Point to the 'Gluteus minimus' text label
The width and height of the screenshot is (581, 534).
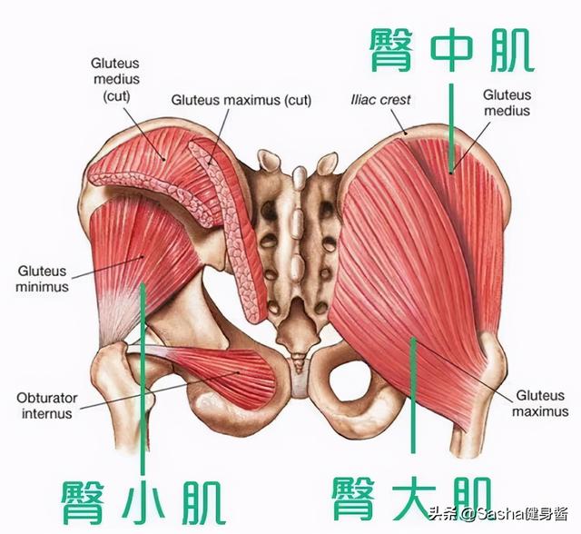pos(42,278)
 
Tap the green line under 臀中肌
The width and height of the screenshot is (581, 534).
pos(450,127)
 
